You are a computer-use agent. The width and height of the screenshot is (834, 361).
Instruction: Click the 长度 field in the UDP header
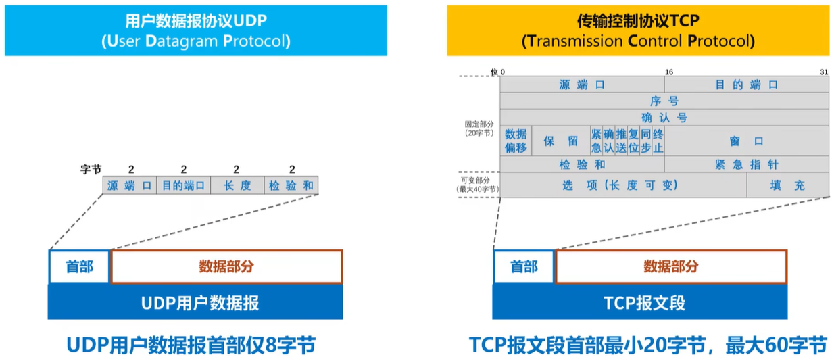tap(237, 185)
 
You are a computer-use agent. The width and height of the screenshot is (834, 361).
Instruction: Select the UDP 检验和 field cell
tap(291, 185)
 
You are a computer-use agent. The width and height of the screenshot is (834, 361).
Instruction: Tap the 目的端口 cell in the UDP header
tap(183, 185)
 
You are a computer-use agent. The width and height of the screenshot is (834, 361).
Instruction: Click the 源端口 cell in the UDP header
tap(130, 185)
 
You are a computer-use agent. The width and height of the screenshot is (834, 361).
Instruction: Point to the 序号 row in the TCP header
tap(664, 101)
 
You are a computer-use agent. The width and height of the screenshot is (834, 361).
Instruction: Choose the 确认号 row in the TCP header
tap(664, 117)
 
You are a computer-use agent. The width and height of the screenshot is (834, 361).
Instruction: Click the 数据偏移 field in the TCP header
tap(516, 141)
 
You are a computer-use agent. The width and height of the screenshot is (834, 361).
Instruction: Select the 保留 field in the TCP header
tap(561, 141)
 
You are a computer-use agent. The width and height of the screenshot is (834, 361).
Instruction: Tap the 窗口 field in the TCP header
tap(746, 141)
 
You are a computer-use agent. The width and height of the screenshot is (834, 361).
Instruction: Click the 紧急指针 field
tap(746, 164)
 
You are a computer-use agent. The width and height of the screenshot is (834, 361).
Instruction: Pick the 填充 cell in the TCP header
tap(787, 185)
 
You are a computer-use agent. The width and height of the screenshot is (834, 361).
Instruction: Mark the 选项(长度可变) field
tap(623, 185)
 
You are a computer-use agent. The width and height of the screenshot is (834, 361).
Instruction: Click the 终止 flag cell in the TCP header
tap(658, 141)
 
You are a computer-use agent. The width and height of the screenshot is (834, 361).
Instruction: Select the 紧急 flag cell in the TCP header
tap(595, 141)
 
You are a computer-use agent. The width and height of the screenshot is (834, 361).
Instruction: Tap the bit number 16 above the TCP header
tap(668, 72)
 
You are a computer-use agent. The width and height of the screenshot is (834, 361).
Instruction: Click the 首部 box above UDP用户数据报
tap(79, 266)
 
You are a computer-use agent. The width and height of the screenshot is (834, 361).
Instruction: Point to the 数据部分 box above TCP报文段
tap(670, 266)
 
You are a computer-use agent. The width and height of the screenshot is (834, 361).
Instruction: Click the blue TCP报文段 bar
tap(639, 302)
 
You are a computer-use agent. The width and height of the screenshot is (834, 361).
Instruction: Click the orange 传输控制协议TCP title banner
tap(637, 30)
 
